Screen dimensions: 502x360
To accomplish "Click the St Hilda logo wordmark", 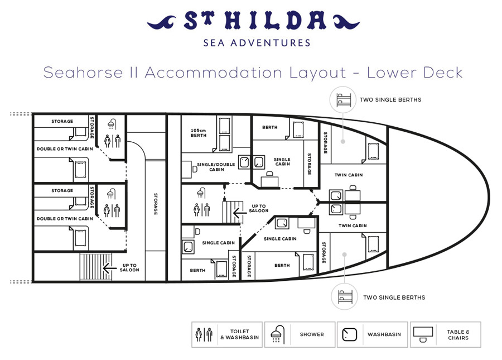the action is (253, 21).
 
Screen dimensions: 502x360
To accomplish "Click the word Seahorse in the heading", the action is (83, 73).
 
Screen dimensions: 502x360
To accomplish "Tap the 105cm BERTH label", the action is (199, 133).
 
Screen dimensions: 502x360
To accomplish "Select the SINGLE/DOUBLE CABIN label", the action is (216, 167).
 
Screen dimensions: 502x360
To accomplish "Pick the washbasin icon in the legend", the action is (350, 335).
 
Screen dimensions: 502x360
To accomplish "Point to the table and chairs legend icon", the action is (423, 334).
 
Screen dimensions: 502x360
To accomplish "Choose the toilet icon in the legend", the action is (204, 334).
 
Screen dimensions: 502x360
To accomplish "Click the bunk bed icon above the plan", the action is (344, 99).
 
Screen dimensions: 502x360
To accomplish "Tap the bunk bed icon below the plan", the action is (345, 297).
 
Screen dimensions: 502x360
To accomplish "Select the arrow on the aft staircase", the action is (109, 268).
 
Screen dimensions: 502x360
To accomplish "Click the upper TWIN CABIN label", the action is (349, 175).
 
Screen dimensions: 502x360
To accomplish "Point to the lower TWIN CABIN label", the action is (353, 225).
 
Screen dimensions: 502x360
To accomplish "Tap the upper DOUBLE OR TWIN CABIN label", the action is (65, 149).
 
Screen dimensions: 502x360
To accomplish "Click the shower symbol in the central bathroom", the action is (200, 193).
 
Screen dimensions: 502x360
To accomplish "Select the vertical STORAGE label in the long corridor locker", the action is (156, 204).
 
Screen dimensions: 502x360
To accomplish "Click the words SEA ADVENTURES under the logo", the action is (257, 43).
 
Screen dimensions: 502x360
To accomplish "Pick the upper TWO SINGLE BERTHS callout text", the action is (390, 99).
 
